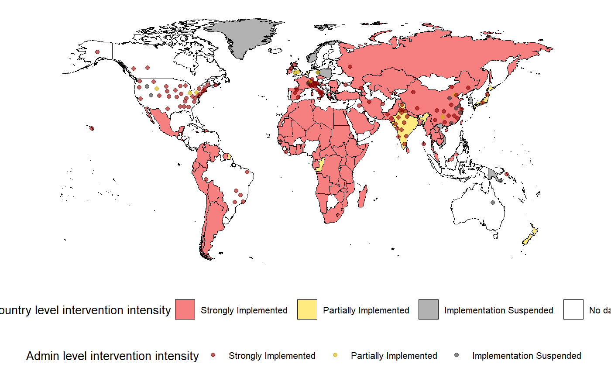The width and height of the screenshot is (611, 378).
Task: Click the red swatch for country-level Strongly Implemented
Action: pos(185,309)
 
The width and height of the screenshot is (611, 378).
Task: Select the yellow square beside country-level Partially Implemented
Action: pos(307,309)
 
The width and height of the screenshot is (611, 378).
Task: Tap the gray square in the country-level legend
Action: pos(429,309)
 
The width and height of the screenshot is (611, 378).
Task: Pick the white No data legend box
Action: pos(573,309)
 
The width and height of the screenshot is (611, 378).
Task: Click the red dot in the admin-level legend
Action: pos(213,356)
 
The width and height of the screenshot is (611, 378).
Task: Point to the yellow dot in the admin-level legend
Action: pos(335,356)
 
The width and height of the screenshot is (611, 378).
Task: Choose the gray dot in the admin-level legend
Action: pos(457,356)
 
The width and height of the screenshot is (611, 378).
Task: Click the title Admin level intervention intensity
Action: pos(112,356)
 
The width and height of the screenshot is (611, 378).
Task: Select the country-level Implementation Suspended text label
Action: pos(498,310)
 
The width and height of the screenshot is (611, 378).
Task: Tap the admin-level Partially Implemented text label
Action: pos(394,356)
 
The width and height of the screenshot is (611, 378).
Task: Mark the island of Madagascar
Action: pos(362,201)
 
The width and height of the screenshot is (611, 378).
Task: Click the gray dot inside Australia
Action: pos(493,202)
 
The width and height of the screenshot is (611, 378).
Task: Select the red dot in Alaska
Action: pos(97,52)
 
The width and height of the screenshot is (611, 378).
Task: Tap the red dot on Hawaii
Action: pos(92,128)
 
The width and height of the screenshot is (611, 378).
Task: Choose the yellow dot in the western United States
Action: pos(156,89)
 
